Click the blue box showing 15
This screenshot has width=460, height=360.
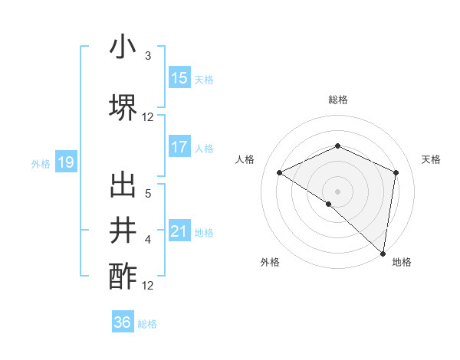coord(179,78)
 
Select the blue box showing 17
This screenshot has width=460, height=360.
coord(179,148)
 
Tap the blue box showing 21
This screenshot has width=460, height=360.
coord(179,232)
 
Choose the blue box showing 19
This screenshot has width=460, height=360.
coord(66,162)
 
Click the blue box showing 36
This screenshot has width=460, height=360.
coord(123,322)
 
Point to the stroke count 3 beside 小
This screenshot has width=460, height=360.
coord(148,56)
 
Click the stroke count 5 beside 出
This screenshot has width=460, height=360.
coord(148,193)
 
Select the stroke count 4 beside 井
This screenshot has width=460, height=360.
coord(148,240)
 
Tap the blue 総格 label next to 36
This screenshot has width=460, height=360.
coord(147,324)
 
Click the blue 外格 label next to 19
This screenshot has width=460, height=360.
coord(40,163)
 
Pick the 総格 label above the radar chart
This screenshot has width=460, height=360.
coord(338,100)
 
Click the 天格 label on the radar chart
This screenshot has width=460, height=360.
coord(431,159)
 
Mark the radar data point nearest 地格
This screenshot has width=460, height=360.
coord(383,253)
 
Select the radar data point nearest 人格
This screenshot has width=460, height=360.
coord(280,172)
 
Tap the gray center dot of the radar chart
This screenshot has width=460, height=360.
coord(337,191)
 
